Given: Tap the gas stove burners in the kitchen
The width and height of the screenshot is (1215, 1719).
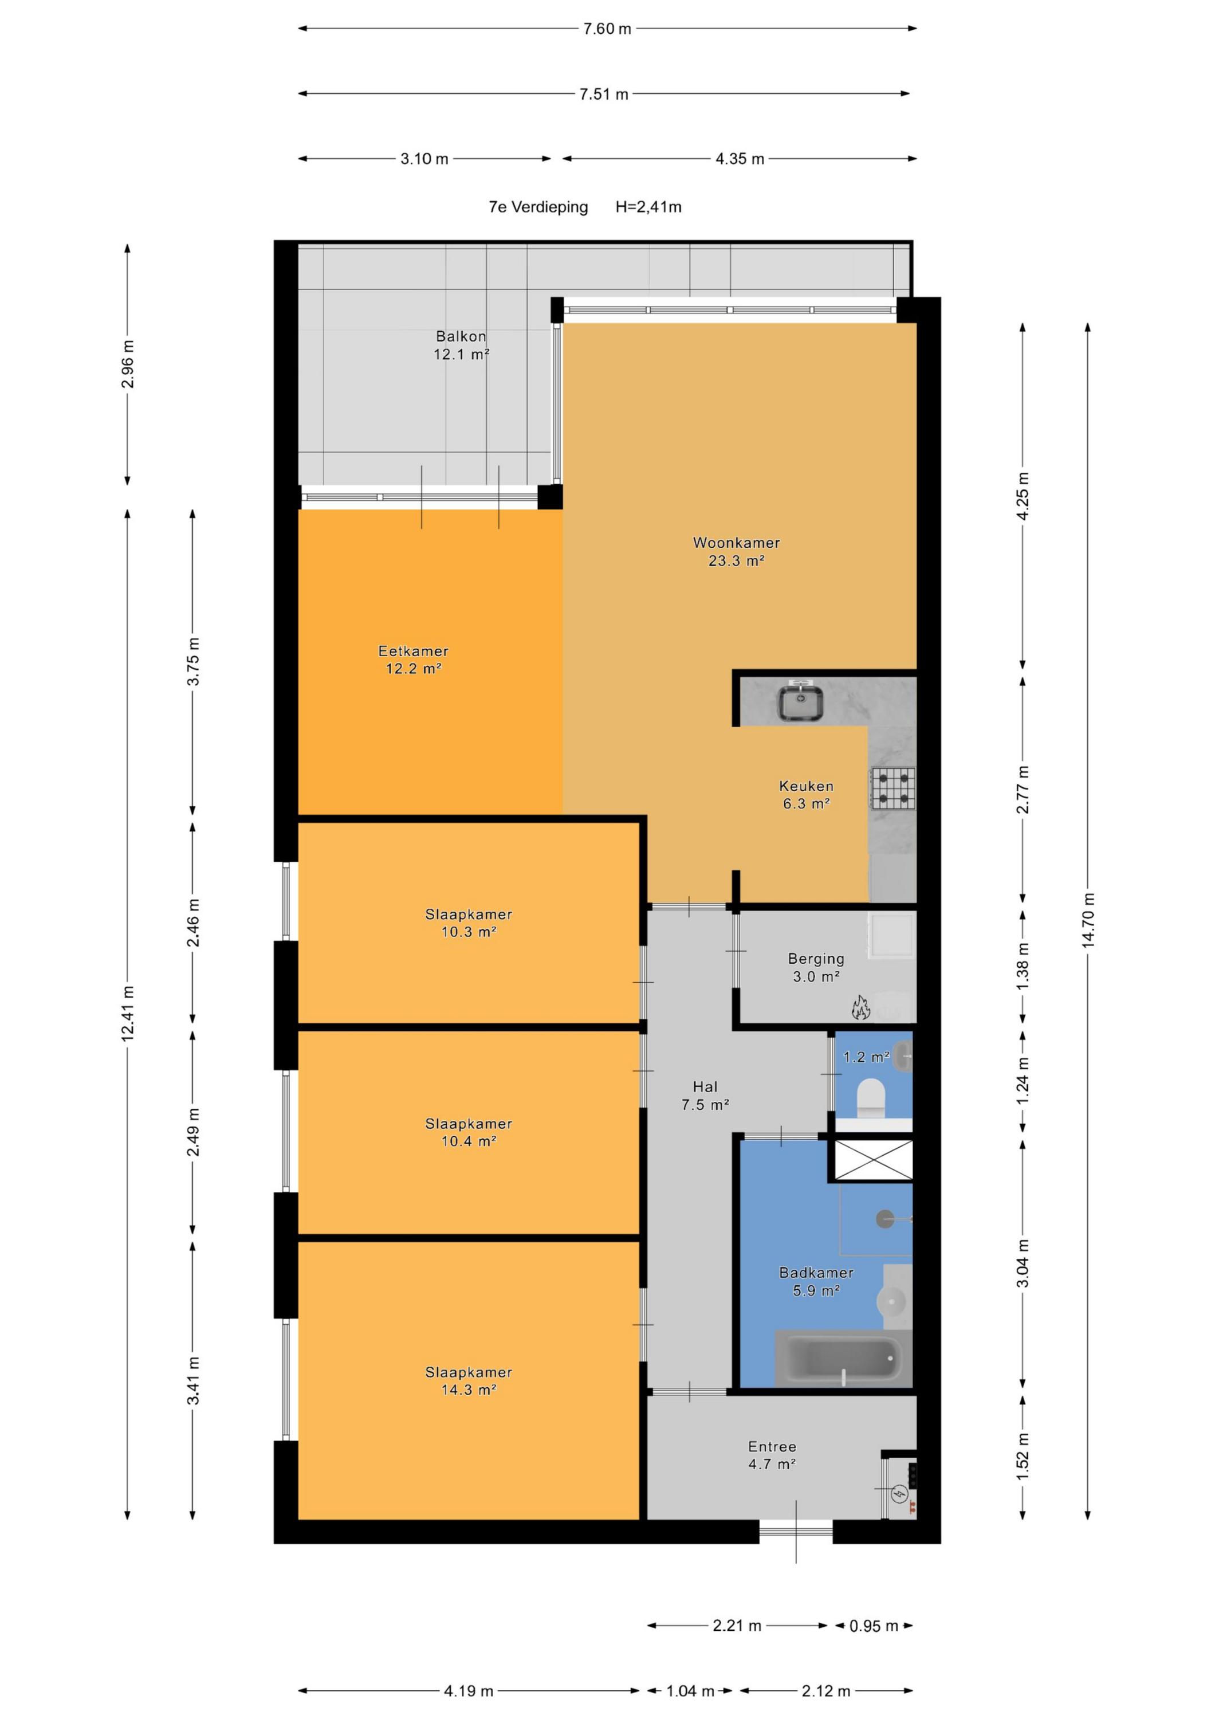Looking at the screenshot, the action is point(892,788).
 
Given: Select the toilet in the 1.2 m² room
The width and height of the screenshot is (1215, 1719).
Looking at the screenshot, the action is point(871,1096).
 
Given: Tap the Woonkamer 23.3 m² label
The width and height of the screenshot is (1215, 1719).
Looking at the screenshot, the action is point(736,551).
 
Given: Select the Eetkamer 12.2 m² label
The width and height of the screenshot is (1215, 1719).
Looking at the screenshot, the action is point(413,660).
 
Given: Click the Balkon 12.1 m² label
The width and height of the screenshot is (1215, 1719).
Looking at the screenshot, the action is point(461,345).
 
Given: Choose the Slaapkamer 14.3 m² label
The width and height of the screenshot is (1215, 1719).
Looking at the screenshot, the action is point(469,1380).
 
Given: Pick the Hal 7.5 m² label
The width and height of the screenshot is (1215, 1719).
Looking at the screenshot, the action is point(705,1096).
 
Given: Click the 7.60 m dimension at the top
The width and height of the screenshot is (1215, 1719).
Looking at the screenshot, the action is point(607,29).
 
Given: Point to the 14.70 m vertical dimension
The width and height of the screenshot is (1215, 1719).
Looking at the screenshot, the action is point(1088,921).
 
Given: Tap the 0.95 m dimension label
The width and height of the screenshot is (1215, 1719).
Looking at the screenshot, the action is point(874,1626).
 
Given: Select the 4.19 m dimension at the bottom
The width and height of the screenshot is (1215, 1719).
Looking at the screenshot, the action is point(469,1690).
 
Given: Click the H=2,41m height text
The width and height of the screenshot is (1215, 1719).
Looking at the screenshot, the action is point(648,207).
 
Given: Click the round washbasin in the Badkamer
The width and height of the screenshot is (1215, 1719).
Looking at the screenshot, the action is point(891,1301).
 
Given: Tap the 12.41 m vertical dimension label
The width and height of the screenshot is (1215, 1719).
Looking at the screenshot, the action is point(128,1013).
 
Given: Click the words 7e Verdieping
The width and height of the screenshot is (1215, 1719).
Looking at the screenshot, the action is point(538,207).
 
